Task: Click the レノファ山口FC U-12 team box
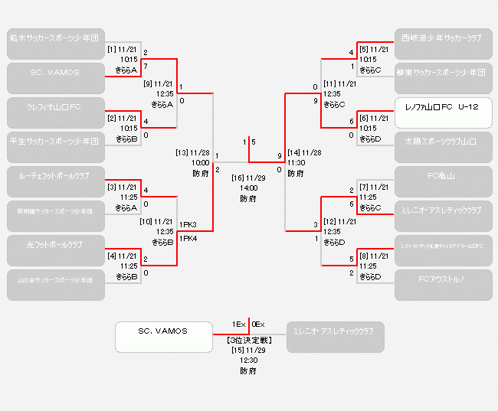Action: tap(443, 106)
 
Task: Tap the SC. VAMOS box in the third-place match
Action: tap(163, 331)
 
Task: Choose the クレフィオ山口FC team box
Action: tap(55, 106)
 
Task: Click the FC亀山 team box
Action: tap(443, 175)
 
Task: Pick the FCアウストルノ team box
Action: tap(443, 280)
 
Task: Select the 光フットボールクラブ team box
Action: tap(55, 245)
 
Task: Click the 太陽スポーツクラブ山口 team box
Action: tap(443, 141)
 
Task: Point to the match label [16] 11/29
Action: tap(248, 178)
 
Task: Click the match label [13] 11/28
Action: tap(192, 152)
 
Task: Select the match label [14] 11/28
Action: tap(304, 152)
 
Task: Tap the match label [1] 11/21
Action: tap(123, 49)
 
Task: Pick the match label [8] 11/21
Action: tap(374, 256)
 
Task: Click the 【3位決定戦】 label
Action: tap(248, 339)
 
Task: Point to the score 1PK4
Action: tap(188, 239)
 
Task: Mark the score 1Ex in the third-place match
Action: tap(238, 324)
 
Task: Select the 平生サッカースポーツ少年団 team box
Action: tap(55, 141)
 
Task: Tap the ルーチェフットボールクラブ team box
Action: tap(55, 175)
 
